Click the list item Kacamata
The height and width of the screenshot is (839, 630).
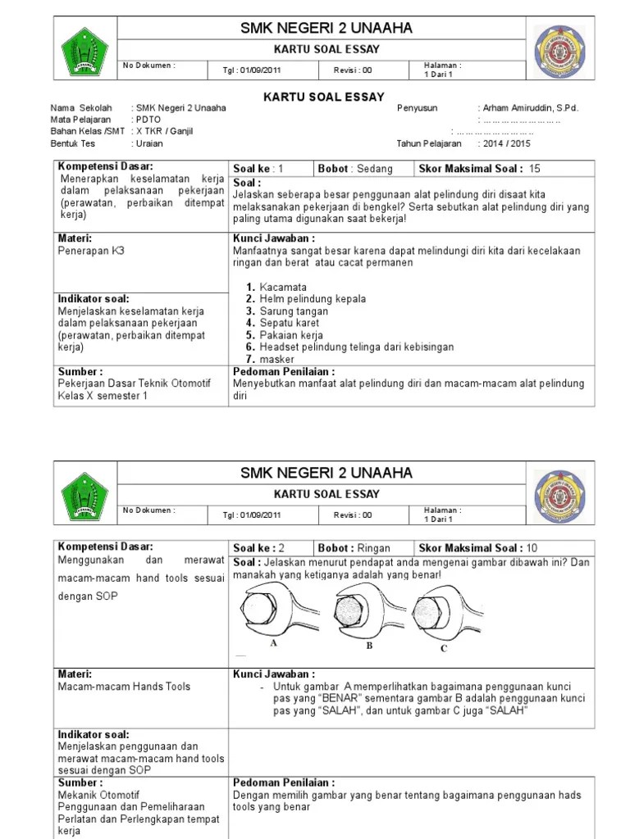click(283, 288)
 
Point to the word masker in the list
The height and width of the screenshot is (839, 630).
click(276, 359)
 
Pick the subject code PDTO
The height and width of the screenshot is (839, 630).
click(148, 120)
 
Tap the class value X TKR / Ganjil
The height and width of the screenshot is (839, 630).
click(167, 131)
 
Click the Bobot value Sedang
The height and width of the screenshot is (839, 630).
click(375, 169)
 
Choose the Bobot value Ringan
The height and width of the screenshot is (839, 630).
click(374, 548)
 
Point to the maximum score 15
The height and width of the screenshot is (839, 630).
click(535, 169)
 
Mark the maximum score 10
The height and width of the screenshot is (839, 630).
click(532, 548)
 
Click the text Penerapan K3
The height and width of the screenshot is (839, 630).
click(91, 252)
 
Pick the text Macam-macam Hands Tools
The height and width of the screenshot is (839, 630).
click(124, 687)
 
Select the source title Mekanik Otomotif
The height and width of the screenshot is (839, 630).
click(98, 795)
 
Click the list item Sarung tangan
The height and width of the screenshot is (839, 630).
click(294, 311)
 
